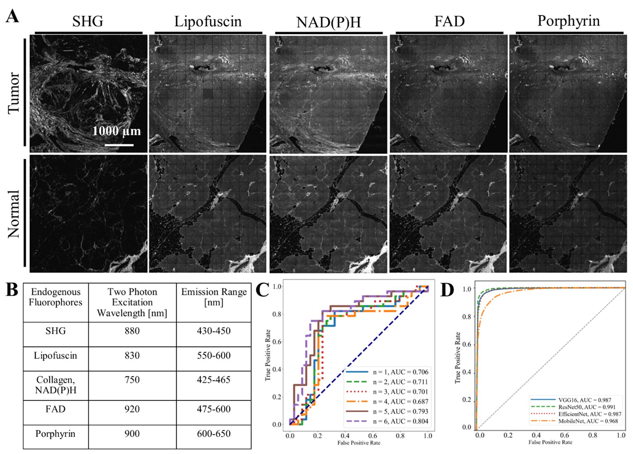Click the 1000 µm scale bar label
click(117, 131)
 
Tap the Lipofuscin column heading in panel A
click(208, 21)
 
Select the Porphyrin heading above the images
click(569, 21)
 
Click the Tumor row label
click(14, 93)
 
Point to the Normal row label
click(14, 214)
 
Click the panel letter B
click(12, 290)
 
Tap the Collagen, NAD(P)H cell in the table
click(56, 385)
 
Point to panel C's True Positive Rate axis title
click(268, 355)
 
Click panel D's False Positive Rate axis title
click(550, 442)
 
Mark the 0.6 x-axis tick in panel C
click(373, 436)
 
